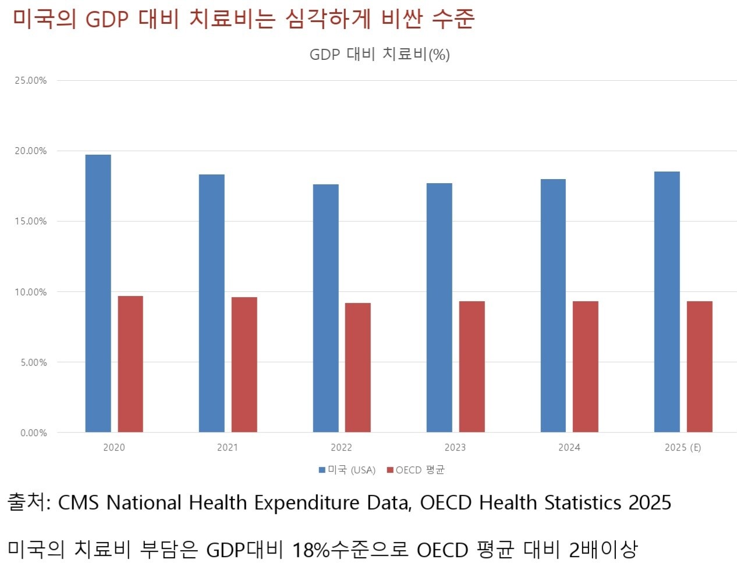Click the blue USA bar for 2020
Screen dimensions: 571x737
(98, 293)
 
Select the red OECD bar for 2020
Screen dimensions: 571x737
(130, 364)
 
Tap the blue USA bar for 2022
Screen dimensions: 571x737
(325, 308)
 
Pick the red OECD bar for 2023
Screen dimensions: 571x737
(472, 366)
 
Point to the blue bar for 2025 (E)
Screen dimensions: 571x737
(667, 302)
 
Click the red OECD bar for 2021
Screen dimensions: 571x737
(244, 365)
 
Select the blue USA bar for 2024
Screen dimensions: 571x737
(553, 305)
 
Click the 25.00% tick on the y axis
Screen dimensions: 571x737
(31, 80)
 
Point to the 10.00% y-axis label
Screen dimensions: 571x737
(31, 292)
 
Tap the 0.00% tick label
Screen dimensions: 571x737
(33, 433)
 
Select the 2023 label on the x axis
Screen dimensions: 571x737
(455, 447)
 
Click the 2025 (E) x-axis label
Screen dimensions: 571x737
(682, 447)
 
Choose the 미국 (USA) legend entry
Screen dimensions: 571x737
(347, 470)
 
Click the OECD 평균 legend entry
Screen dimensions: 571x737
(416, 470)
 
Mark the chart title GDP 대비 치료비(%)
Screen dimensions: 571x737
(380, 54)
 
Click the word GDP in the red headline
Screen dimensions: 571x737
(107, 19)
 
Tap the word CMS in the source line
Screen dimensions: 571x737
(79, 502)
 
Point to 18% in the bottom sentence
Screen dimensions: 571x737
(311, 549)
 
